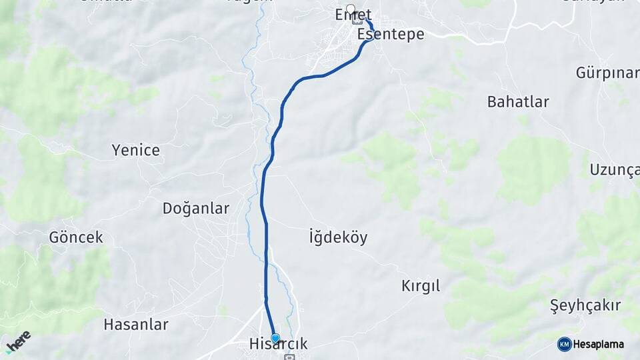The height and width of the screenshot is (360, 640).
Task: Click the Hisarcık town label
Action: pyautogui.click(x=277, y=344)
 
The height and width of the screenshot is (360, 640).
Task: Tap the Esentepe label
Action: pyautogui.click(x=391, y=34)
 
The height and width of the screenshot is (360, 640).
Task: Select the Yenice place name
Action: pyautogui.click(x=136, y=150)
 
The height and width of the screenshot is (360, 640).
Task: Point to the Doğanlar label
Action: pyautogui.click(x=196, y=209)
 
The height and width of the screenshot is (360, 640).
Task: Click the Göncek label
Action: pyautogui.click(x=76, y=237)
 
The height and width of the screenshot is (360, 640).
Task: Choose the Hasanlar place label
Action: pyautogui.click(x=136, y=325)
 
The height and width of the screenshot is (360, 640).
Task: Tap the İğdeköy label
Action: pyautogui.click(x=338, y=237)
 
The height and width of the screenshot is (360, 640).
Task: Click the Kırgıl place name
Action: pyautogui.click(x=421, y=286)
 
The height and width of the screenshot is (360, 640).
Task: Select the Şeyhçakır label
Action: pyautogui.click(x=585, y=305)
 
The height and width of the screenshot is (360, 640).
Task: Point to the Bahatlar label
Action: pyautogui.click(x=518, y=102)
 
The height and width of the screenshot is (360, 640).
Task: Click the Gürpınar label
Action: pyautogui.click(x=607, y=73)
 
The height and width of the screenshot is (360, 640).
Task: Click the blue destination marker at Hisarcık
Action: pyautogui.click(x=275, y=338)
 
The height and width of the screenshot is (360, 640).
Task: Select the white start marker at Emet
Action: pyautogui.click(x=351, y=9)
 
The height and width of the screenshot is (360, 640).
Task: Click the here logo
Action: pyautogui.click(x=18, y=341)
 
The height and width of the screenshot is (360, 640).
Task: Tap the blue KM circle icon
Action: pyautogui.click(x=565, y=344)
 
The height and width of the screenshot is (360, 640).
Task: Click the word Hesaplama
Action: pyautogui.click(x=599, y=344)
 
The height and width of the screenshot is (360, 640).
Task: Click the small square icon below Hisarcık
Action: pyautogui.click(x=289, y=357)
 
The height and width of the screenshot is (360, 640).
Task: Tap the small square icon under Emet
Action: pyautogui.click(x=357, y=19)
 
